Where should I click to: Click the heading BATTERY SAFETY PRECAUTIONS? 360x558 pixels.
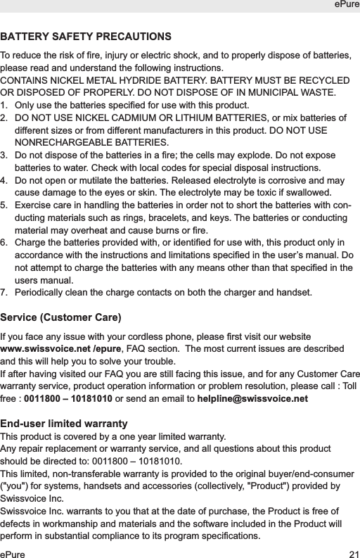(x=86, y=36)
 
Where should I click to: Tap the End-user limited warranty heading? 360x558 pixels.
(x=64, y=424)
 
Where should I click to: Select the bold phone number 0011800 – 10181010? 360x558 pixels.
(x=67, y=399)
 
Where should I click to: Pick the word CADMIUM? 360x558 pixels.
(x=129, y=118)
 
